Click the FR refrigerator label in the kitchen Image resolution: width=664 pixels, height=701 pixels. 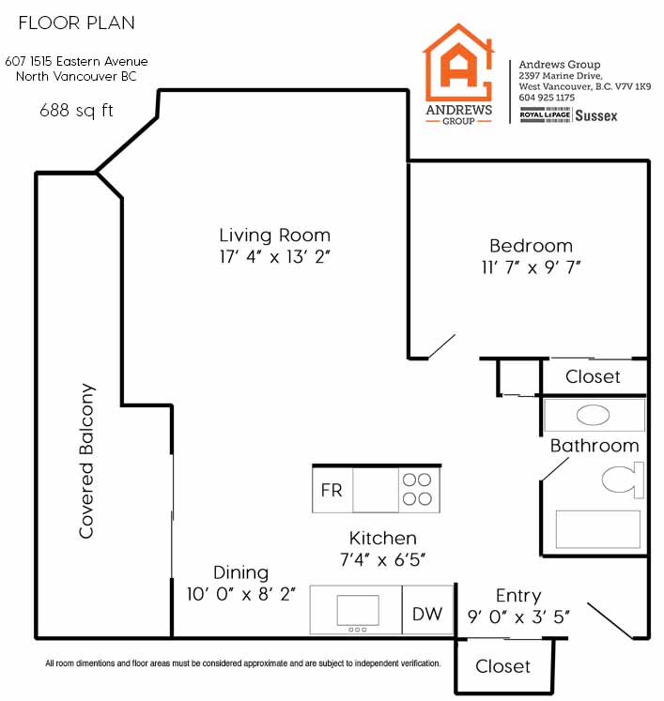tap(332, 491)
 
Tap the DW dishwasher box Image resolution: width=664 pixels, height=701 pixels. tap(428, 610)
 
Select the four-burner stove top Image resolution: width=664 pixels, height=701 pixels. tap(418, 490)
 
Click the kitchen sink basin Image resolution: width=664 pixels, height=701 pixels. tap(358, 610)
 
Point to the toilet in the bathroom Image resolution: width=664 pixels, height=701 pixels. tap(623, 480)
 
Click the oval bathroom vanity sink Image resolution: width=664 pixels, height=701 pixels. tap(593, 416)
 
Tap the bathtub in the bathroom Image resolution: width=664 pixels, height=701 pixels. tap(597, 529)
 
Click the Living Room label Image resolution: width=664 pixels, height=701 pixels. tap(275, 236)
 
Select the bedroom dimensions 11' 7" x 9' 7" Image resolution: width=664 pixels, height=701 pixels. tap(531, 267)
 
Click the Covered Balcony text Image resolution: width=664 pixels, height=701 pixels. tap(86, 461)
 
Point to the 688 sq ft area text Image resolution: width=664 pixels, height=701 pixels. tap(76, 110)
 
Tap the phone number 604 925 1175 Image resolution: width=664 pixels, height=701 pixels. tap(547, 98)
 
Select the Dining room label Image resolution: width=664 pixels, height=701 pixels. tap(240, 572)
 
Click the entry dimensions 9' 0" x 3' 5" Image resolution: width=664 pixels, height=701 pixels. tap(518, 617)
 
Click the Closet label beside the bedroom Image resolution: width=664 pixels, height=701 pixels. tap(593, 376)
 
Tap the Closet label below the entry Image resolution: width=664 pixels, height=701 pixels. tap(502, 666)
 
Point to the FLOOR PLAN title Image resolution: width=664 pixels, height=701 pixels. tap(76, 23)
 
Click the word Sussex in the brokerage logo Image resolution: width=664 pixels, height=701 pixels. tap(596, 115)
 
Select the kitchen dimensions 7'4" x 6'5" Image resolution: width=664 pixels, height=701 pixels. tap(382, 559)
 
